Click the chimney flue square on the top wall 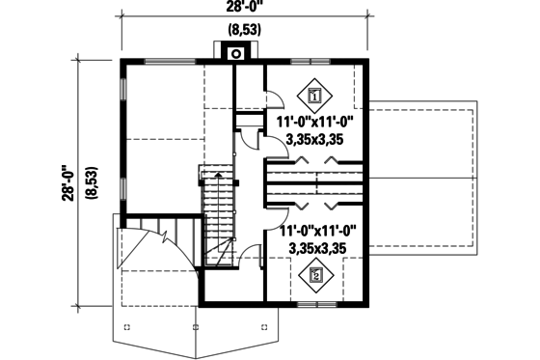pos(234,53)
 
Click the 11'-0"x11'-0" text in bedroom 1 pos(317,124)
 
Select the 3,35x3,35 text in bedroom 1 pos(317,140)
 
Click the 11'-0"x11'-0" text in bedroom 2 pos(317,232)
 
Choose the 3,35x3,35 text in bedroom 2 pos(317,248)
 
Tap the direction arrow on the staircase pos(218,177)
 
